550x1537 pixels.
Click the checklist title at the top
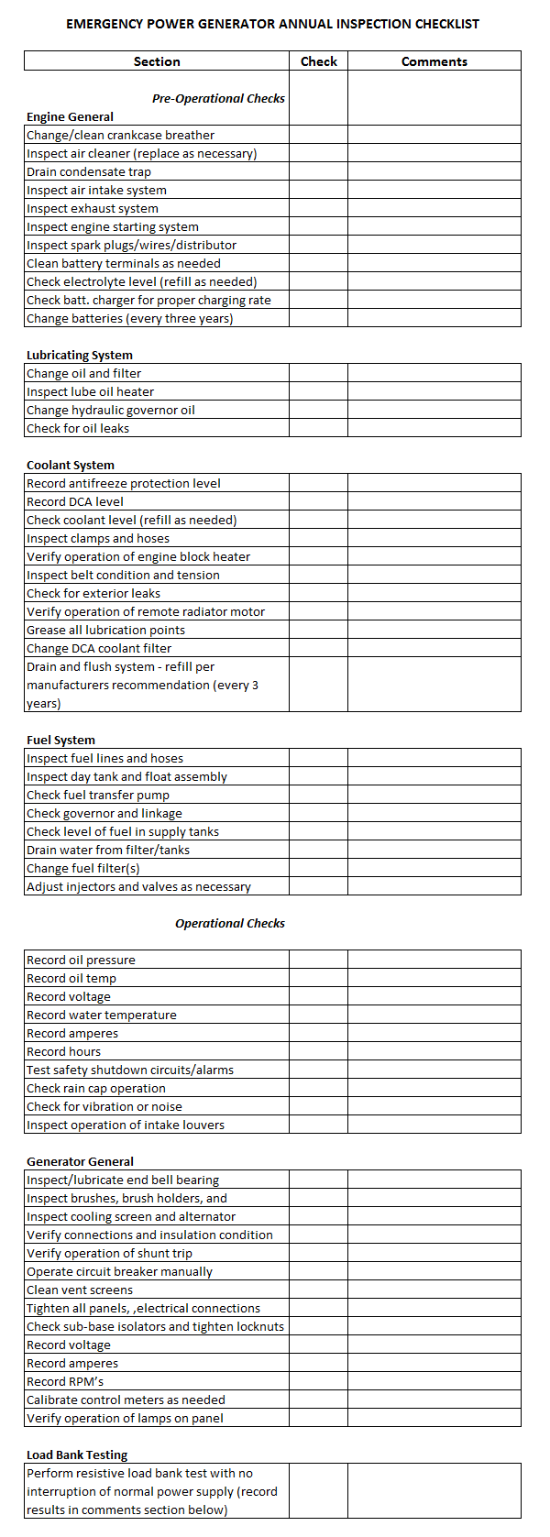coord(272,24)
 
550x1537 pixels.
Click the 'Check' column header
coord(318,61)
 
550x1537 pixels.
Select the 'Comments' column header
coord(434,61)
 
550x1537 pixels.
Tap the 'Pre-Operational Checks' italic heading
coord(218,98)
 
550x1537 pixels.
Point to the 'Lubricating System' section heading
coord(80,355)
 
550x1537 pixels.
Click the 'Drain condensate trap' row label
coord(89,171)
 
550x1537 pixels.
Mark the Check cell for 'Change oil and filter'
coord(318,373)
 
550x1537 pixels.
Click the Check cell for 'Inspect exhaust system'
coord(318,208)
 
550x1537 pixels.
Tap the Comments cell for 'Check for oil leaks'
coord(434,428)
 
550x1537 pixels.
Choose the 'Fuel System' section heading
coord(60,740)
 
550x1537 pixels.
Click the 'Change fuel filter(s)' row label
coord(83,868)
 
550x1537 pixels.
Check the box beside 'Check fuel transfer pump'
coord(318,795)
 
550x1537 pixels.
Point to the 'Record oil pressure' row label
coord(81,960)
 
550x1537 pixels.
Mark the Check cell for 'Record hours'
coord(318,1051)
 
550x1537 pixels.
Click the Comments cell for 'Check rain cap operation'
coord(434,1088)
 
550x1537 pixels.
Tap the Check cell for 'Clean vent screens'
coord(318,1290)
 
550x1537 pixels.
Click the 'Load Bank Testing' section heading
coord(77,1455)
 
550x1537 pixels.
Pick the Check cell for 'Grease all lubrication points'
coord(318,630)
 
